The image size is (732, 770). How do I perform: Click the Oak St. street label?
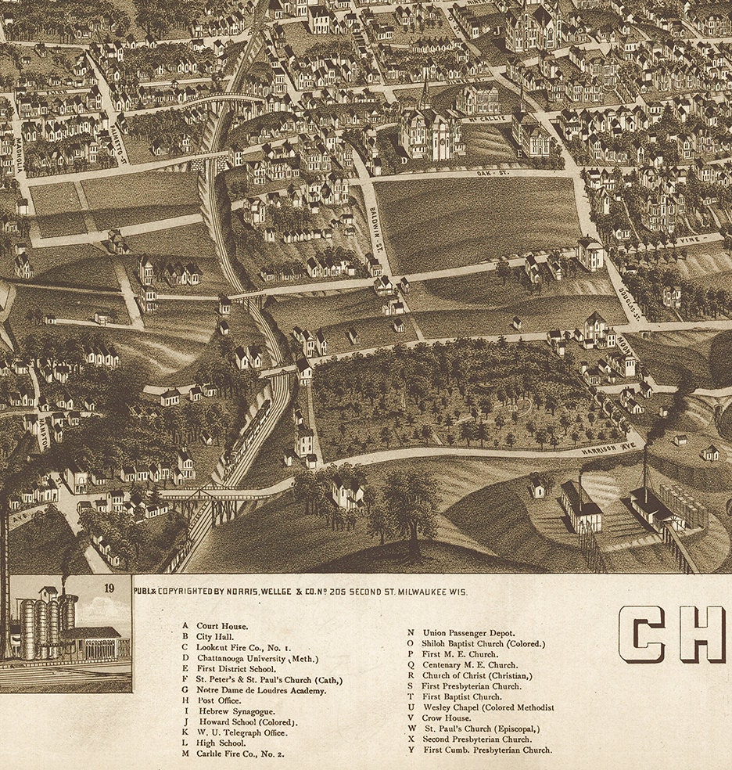(x=491, y=173)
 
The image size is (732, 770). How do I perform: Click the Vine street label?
(x=689, y=240)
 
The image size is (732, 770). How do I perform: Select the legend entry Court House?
(x=222, y=626)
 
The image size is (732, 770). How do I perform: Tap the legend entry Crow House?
(x=447, y=718)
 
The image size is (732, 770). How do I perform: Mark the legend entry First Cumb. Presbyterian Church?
(x=486, y=750)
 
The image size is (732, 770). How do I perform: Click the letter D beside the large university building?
(x=404, y=160)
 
